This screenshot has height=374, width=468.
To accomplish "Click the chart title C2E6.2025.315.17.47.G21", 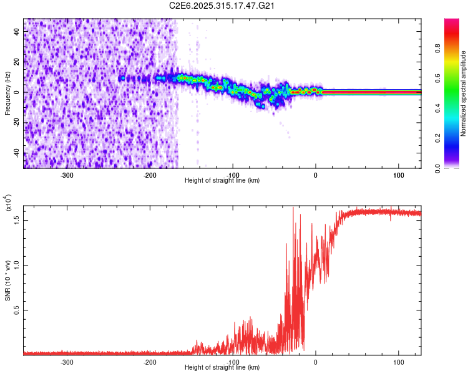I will coord(222,6).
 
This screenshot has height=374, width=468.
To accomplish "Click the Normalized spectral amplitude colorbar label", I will coord(463,93).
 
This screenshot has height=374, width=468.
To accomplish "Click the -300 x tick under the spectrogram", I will coord(67,175).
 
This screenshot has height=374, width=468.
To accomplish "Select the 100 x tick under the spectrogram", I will coord(398,175).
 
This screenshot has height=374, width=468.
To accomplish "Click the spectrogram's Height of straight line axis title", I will coord(222,181).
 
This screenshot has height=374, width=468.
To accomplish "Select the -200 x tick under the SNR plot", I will coord(150,362).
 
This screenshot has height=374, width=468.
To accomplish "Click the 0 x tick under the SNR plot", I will coord(316,362).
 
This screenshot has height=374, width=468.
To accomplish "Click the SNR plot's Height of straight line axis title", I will coord(222,368).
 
